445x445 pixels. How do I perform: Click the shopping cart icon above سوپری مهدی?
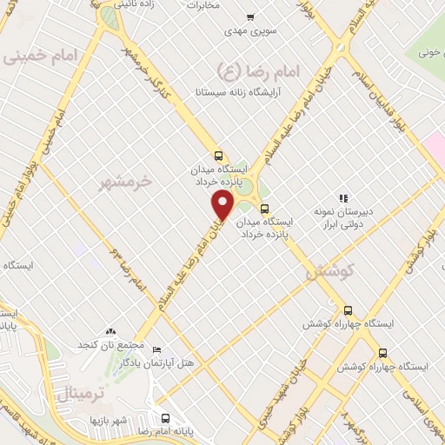click(x=250, y=17)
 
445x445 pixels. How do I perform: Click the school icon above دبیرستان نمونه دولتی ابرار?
click(x=342, y=197)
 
